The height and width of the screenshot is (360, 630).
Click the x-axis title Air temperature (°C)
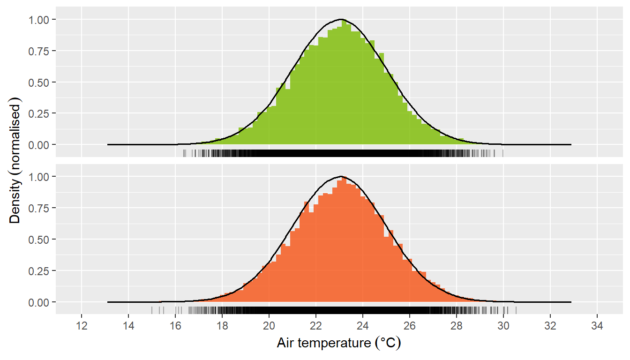tap(339, 344)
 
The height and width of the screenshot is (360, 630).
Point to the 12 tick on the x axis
tap(82, 326)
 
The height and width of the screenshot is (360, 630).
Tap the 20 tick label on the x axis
tap(269, 326)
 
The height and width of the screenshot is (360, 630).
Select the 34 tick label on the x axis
tap(597, 326)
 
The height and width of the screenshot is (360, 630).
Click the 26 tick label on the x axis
tap(410, 326)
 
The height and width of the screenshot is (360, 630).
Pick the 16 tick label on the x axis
tap(175, 326)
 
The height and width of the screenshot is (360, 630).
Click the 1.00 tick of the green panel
tap(40, 20)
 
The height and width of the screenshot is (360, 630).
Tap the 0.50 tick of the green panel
tap(40, 82)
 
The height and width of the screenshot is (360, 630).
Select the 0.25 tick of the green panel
tap(40, 113)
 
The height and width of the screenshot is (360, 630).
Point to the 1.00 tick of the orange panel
tap(40, 177)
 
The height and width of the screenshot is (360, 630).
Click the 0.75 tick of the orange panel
tap(40, 208)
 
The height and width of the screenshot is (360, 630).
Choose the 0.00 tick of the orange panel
tap(40, 302)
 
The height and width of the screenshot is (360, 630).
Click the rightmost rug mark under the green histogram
tap(503, 153)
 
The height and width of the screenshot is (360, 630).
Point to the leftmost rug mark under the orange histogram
tap(152, 310)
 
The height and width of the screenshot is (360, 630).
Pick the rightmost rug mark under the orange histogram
tap(516, 310)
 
